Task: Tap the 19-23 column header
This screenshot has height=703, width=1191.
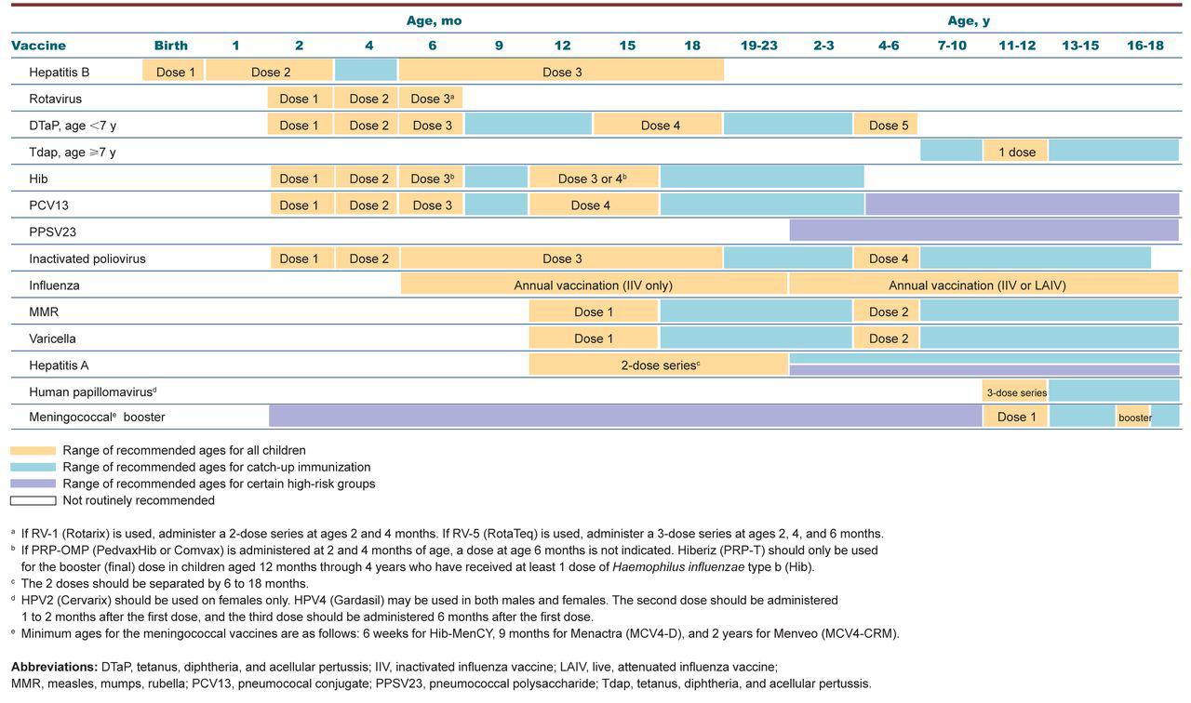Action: [x=758, y=46]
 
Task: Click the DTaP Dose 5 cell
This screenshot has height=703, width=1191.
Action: [x=884, y=126]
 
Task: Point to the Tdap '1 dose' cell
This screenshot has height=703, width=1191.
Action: [x=1016, y=152]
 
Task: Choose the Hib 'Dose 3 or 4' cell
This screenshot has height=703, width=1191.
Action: [x=594, y=179]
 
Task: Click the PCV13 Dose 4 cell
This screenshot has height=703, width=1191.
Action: [x=594, y=206]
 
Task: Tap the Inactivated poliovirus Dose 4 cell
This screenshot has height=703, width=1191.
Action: [x=884, y=259]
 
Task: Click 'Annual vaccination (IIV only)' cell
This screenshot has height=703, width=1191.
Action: [x=594, y=285]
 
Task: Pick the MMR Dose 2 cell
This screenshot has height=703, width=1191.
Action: [x=884, y=312]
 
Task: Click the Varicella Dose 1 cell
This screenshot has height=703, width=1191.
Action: [x=594, y=338]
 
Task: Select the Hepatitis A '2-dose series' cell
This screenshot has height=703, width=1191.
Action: [x=659, y=365]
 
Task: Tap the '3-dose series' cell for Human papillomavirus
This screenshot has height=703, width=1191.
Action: [x=1016, y=392]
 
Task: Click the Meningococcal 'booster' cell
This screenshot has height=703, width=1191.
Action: [x=1134, y=418]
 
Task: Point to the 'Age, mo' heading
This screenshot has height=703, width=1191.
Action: [x=434, y=20]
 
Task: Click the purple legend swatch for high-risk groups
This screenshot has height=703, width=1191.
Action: [x=33, y=484]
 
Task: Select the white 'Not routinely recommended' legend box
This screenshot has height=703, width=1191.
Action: [x=33, y=500]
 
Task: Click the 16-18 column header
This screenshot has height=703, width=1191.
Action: [x=1144, y=46]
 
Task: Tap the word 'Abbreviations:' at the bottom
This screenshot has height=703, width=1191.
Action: [x=53, y=667]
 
